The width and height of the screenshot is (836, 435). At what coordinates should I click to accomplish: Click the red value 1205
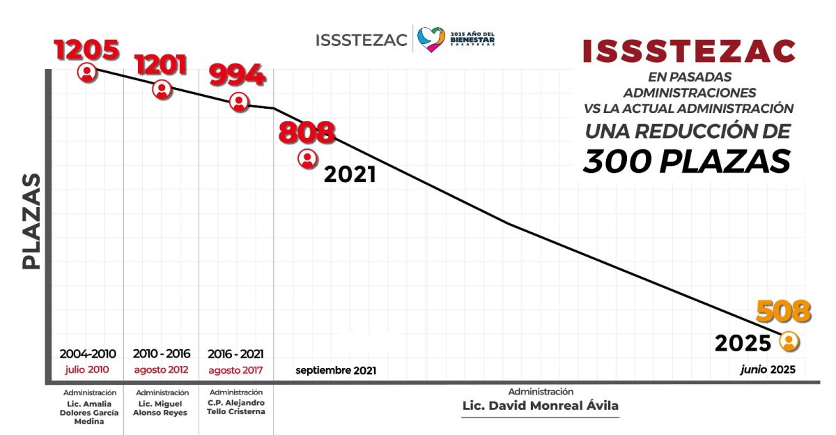coord(86,50)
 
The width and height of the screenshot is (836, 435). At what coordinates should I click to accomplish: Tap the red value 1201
coord(161,65)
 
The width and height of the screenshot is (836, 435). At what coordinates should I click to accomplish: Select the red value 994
coord(237,75)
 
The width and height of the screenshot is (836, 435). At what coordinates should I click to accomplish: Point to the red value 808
coord(307,132)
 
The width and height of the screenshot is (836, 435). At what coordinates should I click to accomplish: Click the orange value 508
coord(784,312)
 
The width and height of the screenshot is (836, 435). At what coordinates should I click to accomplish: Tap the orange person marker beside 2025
coord(789,342)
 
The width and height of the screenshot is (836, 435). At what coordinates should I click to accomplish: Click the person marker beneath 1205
coord(87,72)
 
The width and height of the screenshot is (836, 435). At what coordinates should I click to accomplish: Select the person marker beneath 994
coord(239,102)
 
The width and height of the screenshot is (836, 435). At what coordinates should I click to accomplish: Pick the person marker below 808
coord(307,159)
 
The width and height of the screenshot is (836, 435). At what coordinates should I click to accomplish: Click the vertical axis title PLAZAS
coord(31,222)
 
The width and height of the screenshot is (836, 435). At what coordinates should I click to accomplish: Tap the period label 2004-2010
coord(88,353)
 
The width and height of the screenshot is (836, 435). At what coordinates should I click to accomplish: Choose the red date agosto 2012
coord(161,369)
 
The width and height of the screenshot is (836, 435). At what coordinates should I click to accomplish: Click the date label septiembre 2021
coord(335,371)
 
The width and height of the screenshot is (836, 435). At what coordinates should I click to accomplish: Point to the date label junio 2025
coord(767,370)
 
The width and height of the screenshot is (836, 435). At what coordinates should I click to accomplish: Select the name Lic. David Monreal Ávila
coord(540,406)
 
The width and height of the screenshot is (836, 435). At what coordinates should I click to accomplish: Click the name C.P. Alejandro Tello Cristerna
coord(235,407)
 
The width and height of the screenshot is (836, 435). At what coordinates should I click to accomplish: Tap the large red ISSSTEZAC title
coord(688,52)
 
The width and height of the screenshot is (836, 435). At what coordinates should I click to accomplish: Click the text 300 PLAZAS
coord(687,162)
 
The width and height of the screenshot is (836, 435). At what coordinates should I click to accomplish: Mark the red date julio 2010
coord(88,369)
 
